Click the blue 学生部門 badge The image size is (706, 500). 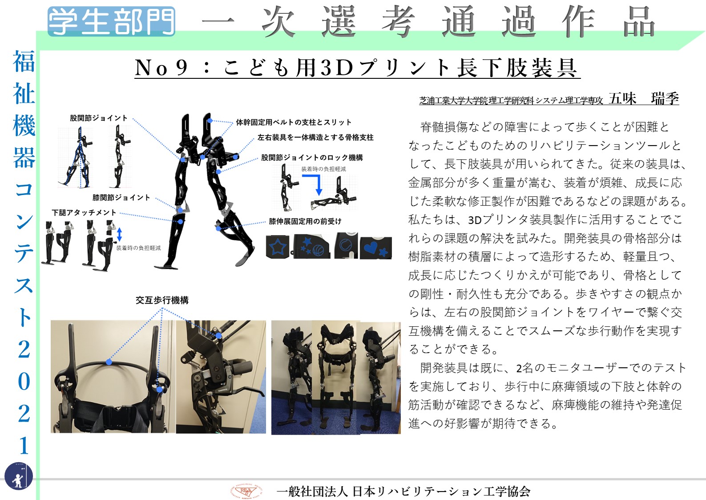(x=111, y=21)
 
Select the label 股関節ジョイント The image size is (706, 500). (x=99, y=118)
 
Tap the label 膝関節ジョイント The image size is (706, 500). (x=121, y=198)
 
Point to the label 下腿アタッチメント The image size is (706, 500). (x=84, y=213)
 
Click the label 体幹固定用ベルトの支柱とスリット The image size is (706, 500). (x=294, y=122)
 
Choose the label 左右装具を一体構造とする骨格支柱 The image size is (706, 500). (x=315, y=137)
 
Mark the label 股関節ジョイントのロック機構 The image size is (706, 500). (x=312, y=158)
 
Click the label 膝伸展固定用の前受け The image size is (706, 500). (x=305, y=221)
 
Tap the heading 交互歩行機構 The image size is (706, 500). (x=162, y=300)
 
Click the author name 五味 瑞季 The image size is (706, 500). (x=644, y=98)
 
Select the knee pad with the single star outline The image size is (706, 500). (x=278, y=247)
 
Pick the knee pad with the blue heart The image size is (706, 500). (x=376, y=248)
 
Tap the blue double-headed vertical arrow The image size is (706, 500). (x=120, y=234)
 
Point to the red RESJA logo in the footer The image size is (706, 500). (x=246, y=491)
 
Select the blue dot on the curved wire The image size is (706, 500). (x=109, y=362)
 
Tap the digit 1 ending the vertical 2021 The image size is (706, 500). (x=24, y=445)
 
